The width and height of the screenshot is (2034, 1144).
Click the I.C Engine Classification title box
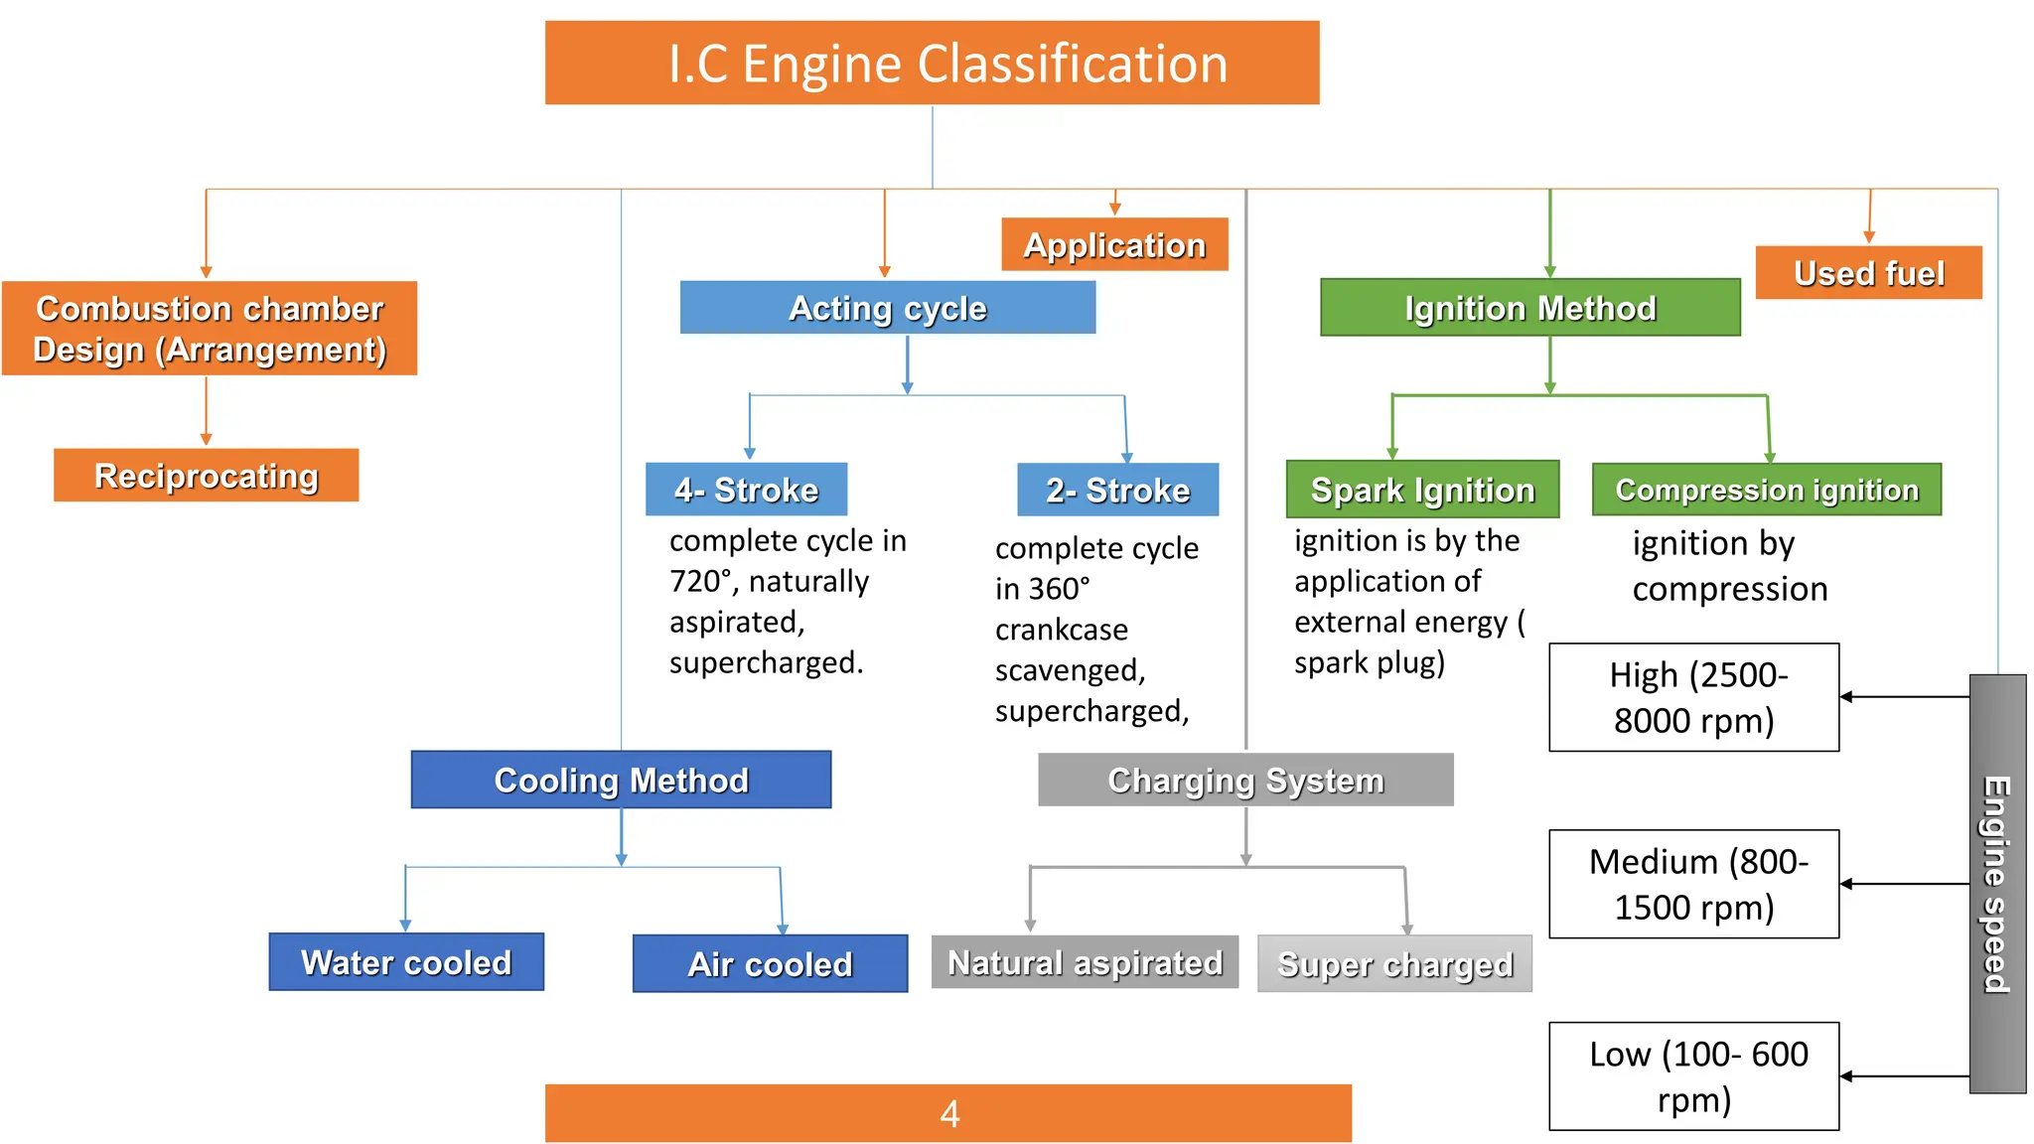932,63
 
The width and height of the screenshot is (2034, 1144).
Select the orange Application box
1114,244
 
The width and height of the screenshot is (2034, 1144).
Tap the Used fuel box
1868,273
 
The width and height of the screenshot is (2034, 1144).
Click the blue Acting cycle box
887,308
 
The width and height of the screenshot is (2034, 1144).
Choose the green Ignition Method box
1529,308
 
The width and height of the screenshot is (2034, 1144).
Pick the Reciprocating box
206,476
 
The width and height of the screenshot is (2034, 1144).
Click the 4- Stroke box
746,490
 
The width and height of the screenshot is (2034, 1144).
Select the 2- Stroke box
1117,490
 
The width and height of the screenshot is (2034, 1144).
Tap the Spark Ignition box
1422,490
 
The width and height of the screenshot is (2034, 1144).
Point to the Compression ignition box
1766,490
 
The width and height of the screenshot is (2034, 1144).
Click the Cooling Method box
621,780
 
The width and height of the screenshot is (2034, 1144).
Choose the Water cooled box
406,962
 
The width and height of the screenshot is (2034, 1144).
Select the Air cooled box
770,964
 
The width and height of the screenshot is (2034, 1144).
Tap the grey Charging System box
1245,780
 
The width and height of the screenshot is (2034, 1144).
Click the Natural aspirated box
1085,962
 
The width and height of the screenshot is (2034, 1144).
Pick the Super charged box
1394,964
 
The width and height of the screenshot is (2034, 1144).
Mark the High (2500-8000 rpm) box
1693,697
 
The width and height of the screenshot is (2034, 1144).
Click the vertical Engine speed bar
1997,884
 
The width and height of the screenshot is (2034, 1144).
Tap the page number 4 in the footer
948,1113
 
